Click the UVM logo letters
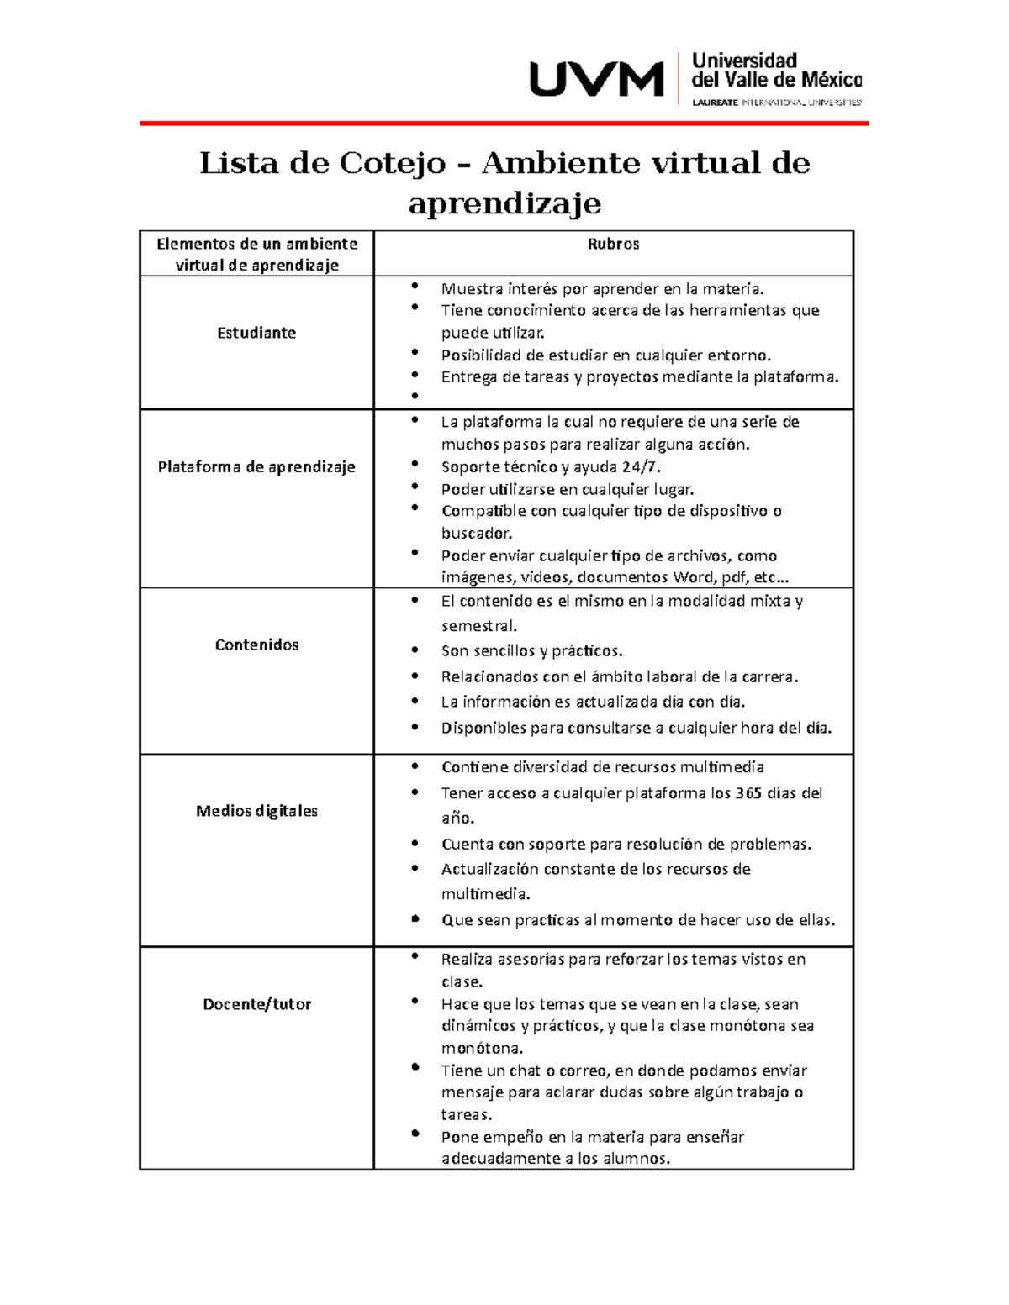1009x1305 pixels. click(x=595, y=81)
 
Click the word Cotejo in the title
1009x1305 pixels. click(x=392, y=162)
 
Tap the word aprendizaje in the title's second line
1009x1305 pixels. click(x=504, y=203)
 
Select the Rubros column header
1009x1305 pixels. click(x=613, y=244)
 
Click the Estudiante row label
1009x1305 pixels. click(x=256, y=333)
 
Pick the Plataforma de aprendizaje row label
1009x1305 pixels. click(x=256, y=467)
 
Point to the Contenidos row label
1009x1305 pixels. click(x=256, y=645)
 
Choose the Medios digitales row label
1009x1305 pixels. click(x=256, y=811)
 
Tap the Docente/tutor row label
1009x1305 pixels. click(x=256, y=1004)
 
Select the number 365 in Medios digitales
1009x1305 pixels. click(x=748, y=793)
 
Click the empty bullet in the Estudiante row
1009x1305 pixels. click(x=414, y=397)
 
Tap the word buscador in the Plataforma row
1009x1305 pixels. click(x=475, y=534)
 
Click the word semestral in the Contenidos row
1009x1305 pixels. click(x=478, y=626)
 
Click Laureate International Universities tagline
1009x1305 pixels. click(x=776, y=103)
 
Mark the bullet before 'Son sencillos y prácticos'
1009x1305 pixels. click(x=414, y=650)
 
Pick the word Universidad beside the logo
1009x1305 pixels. click(x=744, y=61)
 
